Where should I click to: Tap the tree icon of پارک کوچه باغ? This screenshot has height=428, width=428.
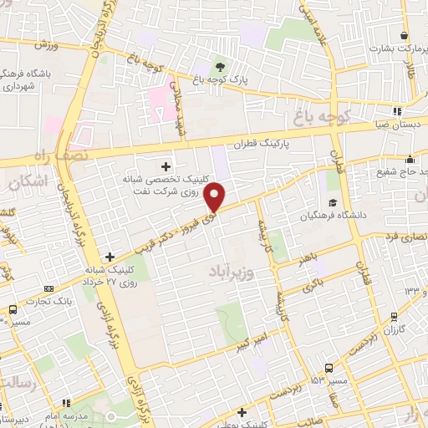[221, 67]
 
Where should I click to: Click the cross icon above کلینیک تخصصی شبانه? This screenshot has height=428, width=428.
[166, 166]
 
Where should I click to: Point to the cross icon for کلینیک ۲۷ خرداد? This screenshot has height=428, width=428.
[110, 257]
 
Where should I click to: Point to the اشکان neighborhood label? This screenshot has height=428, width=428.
[30, 181]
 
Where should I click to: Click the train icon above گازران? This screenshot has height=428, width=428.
[393, 316]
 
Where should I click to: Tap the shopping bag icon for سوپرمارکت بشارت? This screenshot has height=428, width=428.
[405, 36]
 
